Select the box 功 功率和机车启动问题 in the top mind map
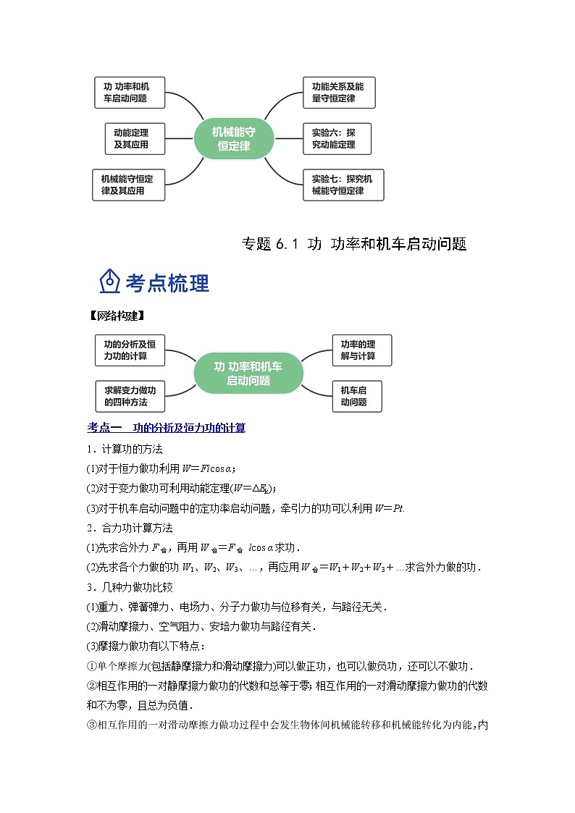click(x=130, y=93)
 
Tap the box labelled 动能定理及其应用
click(x=135, y=138)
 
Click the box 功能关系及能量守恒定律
click(x=338, y=93)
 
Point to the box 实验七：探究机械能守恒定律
click(x=343, y=185)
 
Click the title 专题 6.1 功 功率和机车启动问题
click(x=353, y=244)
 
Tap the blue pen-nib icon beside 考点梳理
click(x=109, y=282)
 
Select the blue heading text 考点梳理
click(x=167, y=283)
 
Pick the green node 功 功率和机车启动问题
click(x=248, y=373)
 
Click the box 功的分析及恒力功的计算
click(x=130, y=350)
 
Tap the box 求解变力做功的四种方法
click(x=130, y=396)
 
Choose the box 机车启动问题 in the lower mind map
click(x=356, y=396)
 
